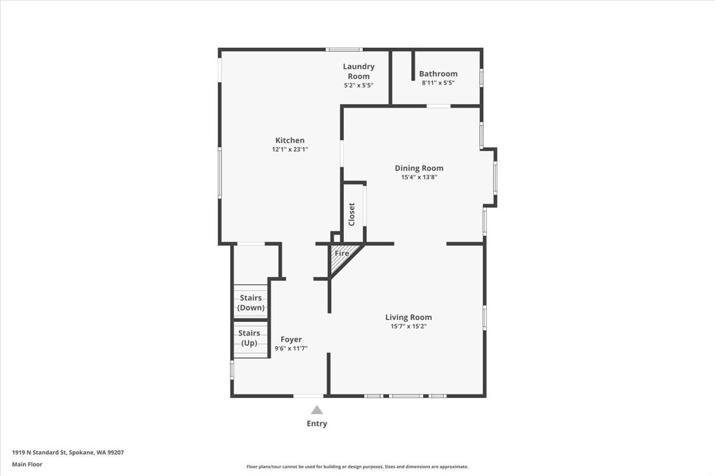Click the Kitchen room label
coord(290,140)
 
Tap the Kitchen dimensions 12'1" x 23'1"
coord(290,150)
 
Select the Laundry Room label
coord(358,71)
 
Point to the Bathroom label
coord(438,74)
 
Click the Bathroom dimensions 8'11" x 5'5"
coord(438,83)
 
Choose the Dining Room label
coord(419,168)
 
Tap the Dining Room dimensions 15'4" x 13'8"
coord(419,177)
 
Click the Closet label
coord(352,214)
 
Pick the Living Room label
coord(408,317)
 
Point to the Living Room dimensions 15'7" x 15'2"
coord(408,327)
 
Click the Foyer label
coord(291,339)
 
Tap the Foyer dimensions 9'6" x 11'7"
coord(291,349)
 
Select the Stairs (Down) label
coord(250,303)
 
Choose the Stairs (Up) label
coord(249,338)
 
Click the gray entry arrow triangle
coord(316,410)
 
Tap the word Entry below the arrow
coord(316,424)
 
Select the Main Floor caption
coord(27,464)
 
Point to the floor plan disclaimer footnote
coord(357,467)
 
